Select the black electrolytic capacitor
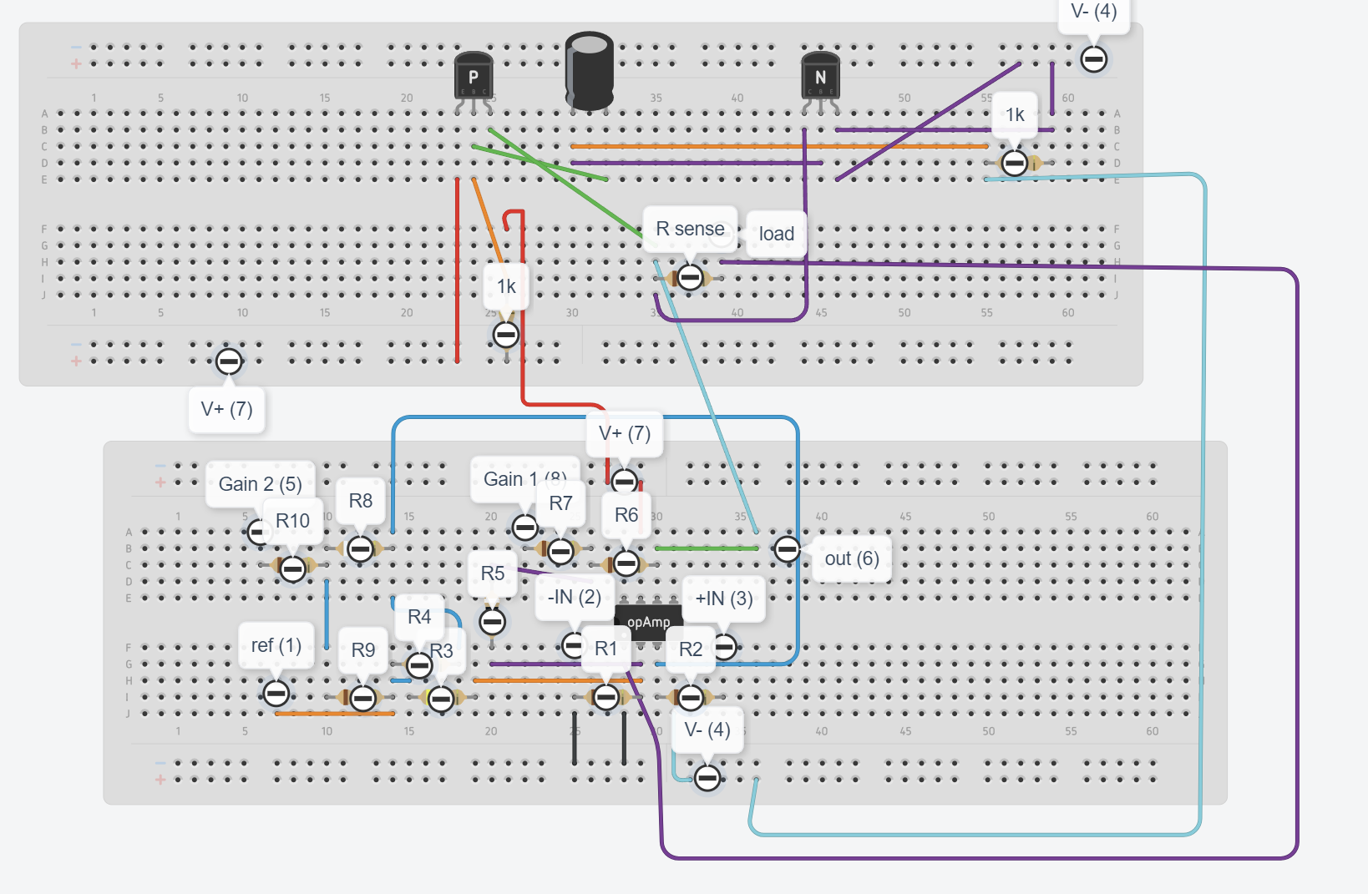click(590, 71)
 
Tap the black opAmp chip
click(648, 623)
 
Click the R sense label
click(690, 229)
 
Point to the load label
click(776, 234)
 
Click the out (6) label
click(851, 558)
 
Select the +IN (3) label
click(723, 599)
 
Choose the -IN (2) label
click(574, 597)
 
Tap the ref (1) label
click(276, 645)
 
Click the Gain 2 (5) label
click(260, 484)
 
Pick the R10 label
click(292, 521)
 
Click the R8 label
click(360, 501)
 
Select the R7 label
click(560, 503)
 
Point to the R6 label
click(626, 515)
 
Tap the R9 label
click(363, 650)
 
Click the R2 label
click(691, 649)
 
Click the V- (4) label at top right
click(1093, 12)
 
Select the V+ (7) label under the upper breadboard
click(226, 409)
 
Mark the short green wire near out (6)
click(707, 548)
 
